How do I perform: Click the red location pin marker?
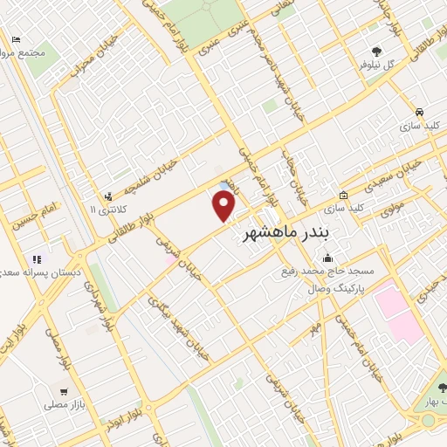(x=225, y=207)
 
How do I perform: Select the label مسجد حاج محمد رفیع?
(x=327, y=272)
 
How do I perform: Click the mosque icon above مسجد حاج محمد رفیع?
(x=327, y=258)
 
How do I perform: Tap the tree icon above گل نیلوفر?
(x=376, y=52)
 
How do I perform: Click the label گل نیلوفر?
(x=376, y=65)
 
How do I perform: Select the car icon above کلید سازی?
(x=420, y=113)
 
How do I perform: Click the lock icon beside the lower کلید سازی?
(x=344, y=196)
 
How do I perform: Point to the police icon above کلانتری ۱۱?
(x=108, y=196)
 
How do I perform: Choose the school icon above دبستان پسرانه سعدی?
(x=37, y=259)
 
